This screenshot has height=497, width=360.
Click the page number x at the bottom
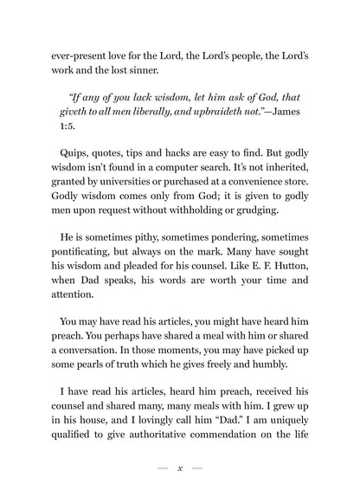(179, 468)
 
